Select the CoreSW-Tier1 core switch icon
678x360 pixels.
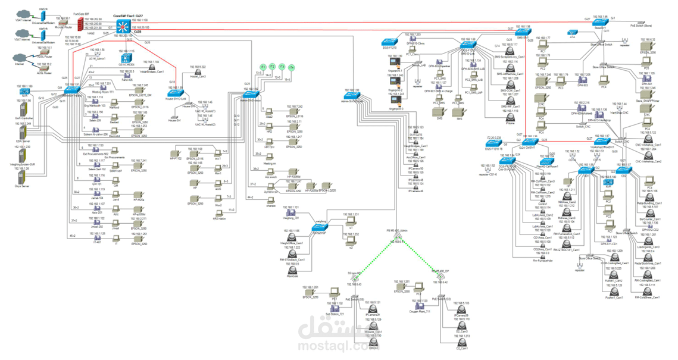(x=124, y=26)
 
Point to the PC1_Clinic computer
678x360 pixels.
(x=415, y=49)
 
